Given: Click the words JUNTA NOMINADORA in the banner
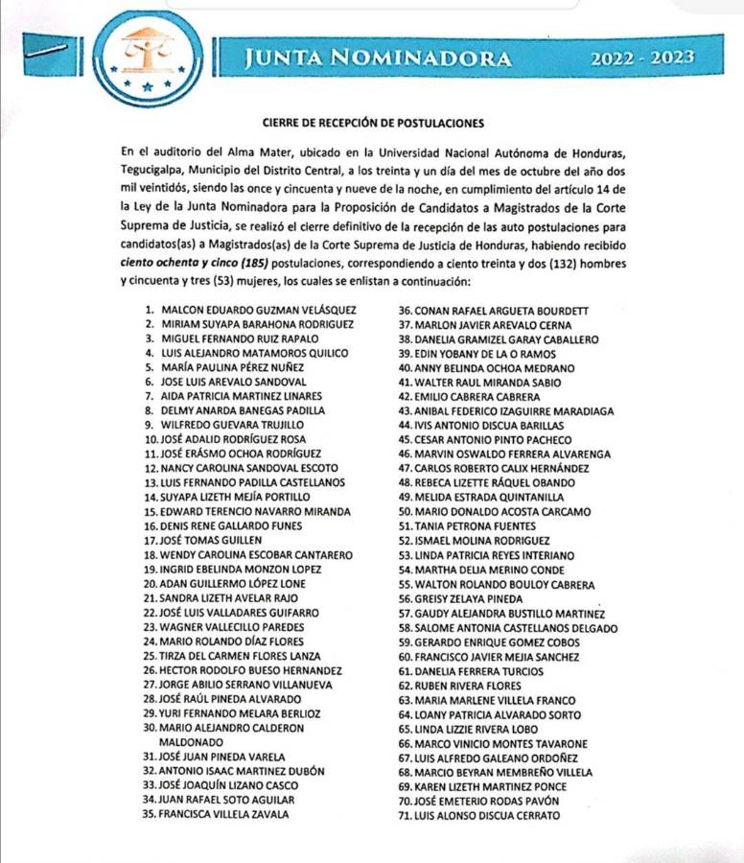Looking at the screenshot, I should pyautogui.click(x=378, y=58).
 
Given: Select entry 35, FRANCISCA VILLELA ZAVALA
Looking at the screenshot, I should pyautogui.click(x=224, y=814).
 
